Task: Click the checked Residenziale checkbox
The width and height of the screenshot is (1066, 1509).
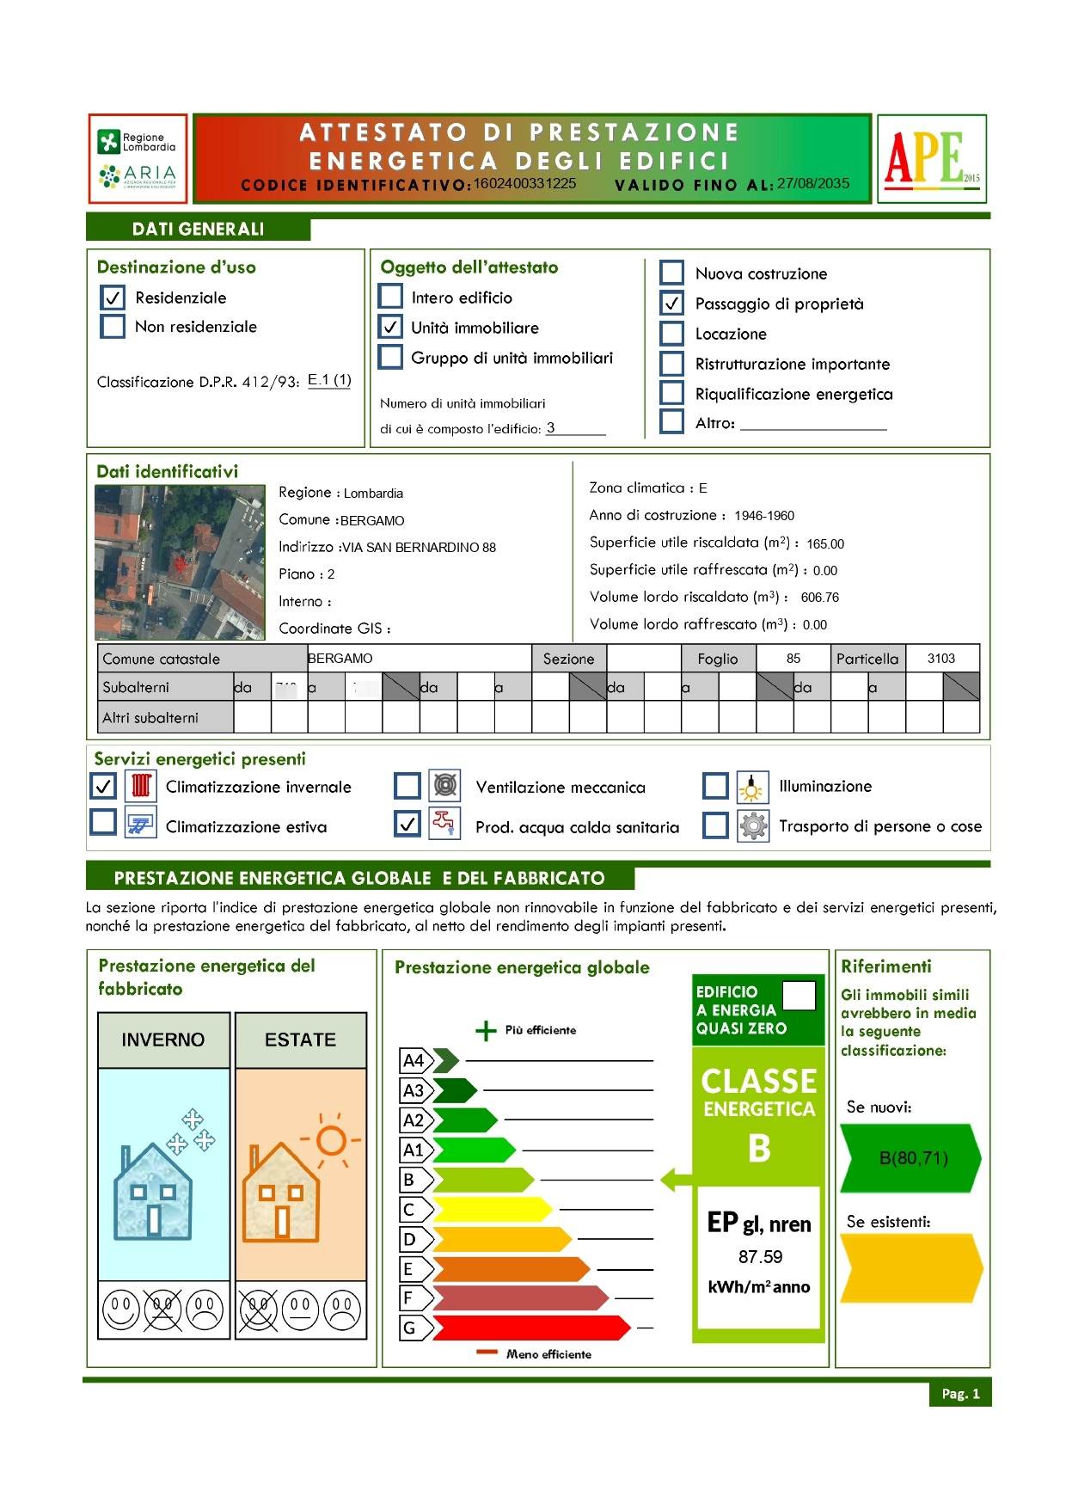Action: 113,298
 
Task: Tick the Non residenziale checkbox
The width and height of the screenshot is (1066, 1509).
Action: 113,327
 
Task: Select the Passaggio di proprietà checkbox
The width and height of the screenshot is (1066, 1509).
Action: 671,304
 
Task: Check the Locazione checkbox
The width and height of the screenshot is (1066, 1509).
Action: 671,334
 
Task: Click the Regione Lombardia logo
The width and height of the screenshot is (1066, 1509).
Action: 137,158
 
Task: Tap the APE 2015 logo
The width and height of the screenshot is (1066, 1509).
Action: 931,159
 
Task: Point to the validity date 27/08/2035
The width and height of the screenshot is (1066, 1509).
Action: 812,183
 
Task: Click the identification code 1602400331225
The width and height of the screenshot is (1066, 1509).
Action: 524,183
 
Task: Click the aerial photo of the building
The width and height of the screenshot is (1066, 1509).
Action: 180,562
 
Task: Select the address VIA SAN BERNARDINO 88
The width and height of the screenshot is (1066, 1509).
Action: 419,548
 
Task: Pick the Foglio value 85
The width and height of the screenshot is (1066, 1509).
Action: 793,659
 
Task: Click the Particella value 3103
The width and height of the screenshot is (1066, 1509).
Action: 940,659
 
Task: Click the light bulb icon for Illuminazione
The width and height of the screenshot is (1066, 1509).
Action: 752,786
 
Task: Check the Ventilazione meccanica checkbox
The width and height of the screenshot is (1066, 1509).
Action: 407,786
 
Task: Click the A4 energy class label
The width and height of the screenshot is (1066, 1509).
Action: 414,1061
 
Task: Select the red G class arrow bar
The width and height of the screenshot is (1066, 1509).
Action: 529,1328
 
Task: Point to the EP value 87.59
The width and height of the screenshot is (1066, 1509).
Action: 760,1257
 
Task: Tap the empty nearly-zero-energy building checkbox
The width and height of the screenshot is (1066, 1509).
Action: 799,996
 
